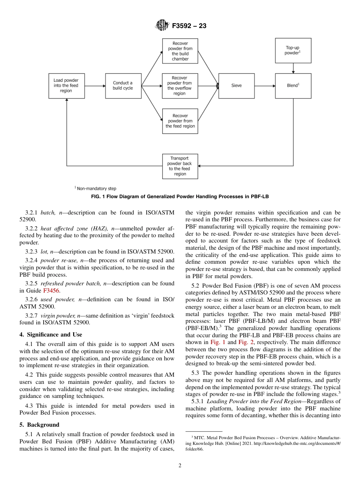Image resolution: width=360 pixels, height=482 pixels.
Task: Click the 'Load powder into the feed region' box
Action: coord(67,86)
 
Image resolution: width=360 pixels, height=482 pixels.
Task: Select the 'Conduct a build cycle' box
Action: coord(123,86)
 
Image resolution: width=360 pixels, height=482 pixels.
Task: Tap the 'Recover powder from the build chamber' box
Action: coord(180,51)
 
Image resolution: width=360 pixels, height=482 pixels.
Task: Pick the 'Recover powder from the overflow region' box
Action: coord(180,86)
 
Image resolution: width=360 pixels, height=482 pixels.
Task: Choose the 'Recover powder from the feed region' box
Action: coord(180,121)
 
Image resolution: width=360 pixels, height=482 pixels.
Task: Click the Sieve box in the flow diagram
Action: coord(236,86)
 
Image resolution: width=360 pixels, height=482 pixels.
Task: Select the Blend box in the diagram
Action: coord(293,86)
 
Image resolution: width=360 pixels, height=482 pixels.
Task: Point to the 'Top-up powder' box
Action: coord(293,50)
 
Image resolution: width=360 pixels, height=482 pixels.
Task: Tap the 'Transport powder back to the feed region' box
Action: coord(180,166)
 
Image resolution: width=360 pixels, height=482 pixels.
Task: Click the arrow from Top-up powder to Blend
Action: coord(293,68)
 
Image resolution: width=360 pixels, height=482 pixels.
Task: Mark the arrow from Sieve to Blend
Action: coord(265,86)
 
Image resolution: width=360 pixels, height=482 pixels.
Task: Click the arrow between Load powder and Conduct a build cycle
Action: coord(95,86)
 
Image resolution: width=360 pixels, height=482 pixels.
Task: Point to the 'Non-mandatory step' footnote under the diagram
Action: coord(95,188)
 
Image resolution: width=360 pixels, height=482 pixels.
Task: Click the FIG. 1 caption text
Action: coord(180,197)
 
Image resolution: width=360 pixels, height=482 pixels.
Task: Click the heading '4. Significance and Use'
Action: coord(51,335)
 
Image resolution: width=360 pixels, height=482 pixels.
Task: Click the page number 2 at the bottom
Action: coord(180,466)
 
